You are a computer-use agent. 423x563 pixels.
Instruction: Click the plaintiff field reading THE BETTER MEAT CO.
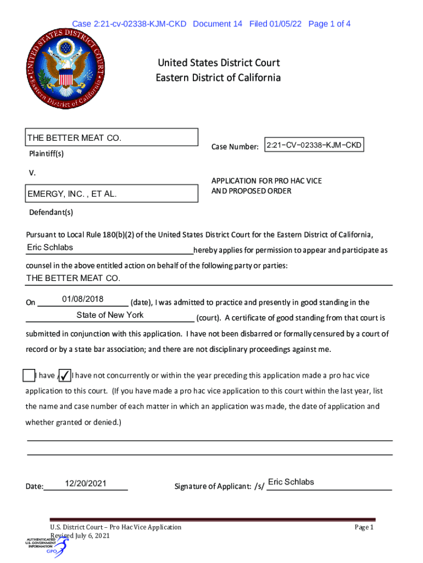112,137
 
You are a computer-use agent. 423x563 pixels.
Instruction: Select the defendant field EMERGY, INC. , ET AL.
112,194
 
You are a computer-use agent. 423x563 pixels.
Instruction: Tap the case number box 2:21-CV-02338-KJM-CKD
314,145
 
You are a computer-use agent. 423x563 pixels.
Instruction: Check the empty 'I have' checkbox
29,376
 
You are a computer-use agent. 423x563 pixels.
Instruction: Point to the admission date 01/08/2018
82,299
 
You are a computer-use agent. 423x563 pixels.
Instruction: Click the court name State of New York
110,315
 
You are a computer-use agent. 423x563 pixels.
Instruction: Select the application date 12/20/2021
85,484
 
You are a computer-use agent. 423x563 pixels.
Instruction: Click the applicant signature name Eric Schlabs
291,482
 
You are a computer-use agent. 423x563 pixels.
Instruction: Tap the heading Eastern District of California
218,78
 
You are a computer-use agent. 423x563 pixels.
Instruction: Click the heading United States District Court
218,63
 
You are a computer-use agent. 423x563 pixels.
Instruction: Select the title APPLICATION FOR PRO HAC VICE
266,181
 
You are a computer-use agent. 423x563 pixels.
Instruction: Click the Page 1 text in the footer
364,527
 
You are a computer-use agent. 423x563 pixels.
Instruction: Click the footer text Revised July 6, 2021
80,536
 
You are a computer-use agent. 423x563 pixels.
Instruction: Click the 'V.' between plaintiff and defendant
32,173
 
